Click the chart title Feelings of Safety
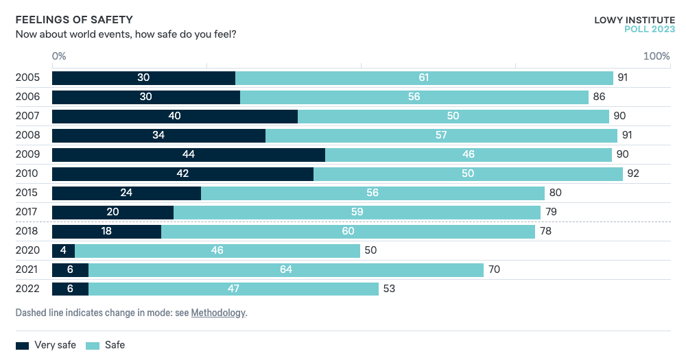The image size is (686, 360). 73,19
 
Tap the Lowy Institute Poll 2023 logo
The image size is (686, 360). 634,24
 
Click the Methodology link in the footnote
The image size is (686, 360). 217,313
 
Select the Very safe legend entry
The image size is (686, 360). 45,345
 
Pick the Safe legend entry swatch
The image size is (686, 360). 93,345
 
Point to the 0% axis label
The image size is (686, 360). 59,56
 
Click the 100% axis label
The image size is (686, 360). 657,56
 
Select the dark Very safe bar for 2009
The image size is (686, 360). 189,154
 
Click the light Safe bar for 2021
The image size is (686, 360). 286,269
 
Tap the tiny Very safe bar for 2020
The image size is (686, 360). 63,250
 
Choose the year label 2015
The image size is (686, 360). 27,193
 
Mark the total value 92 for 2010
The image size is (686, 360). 632,173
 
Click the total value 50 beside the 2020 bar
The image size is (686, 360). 370,250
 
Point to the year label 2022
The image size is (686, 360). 27,289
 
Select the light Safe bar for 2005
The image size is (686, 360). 424,77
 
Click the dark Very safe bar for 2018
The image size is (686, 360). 106,231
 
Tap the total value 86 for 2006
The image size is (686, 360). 599,97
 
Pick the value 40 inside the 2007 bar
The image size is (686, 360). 174,116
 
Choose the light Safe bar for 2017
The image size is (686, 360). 357,212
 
